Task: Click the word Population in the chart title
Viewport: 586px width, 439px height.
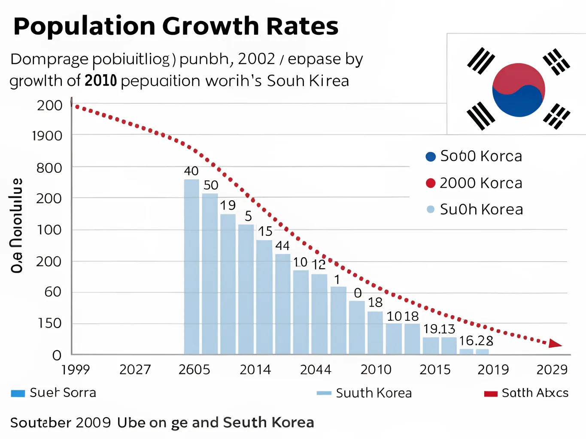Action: tap(84, 26)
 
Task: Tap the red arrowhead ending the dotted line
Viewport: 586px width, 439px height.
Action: tap(555, 343)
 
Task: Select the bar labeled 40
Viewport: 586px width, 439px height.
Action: tap(191, 266)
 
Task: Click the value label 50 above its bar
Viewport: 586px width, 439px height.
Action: tap(211, 185)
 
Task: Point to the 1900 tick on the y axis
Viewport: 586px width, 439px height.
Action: tap(47, 136)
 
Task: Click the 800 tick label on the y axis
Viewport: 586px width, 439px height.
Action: tap(49, 168)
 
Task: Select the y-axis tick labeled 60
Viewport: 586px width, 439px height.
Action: tap(53, 292)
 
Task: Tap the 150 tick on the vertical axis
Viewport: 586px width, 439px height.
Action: tap(50, 323)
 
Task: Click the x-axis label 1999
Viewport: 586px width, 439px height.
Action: tap(76, 370)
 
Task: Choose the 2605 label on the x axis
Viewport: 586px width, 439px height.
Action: tap(194, 370)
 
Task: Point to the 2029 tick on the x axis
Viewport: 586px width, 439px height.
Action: tap(552, 370)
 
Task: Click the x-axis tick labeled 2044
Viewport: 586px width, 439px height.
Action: tap(316, 370)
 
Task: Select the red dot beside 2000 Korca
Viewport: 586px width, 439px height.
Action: tap(431, 183)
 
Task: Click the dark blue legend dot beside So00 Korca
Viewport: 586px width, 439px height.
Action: tap(431, 156)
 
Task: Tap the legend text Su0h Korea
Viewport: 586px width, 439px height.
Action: tap(481, 210)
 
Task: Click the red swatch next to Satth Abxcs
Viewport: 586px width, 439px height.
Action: tap(491, 394)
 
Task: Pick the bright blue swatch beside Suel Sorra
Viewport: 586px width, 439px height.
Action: tap(18, 394)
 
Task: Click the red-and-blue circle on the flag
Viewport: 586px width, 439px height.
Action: tap(519, 90)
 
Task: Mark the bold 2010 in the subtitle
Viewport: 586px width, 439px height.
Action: tap(101, 81)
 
